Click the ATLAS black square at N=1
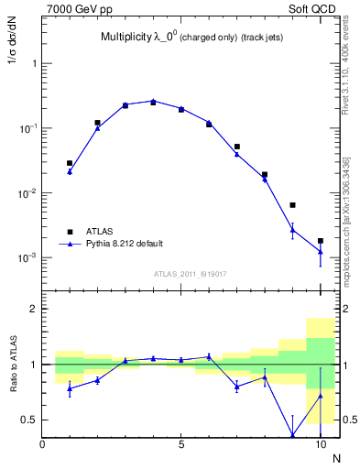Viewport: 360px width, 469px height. [70, 163]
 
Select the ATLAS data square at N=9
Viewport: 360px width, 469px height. [292, 205]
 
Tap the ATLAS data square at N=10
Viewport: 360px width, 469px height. [320, 241]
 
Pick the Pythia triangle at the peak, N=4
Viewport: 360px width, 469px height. [153, 101]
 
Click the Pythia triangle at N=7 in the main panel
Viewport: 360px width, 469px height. [236, 154]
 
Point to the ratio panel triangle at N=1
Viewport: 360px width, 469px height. [70, 388]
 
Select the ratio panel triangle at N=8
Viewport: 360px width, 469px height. [265, 376]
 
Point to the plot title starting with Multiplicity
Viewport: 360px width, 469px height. [183, 38]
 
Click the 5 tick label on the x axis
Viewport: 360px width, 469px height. [181, 445]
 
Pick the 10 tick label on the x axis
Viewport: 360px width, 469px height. [320, 445]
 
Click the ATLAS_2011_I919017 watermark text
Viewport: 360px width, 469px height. [183, 274]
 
